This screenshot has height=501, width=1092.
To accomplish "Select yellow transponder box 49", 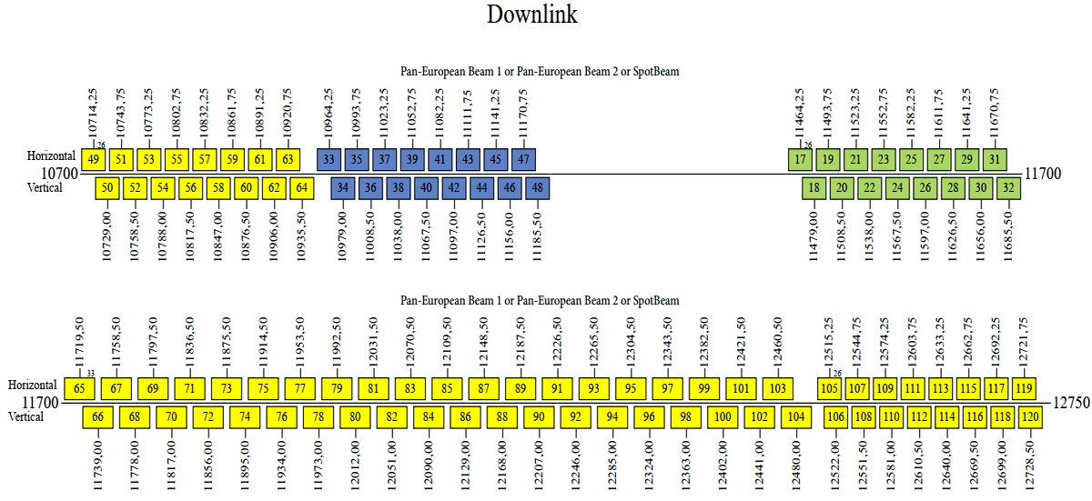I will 93,159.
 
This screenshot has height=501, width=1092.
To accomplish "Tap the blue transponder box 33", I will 329,159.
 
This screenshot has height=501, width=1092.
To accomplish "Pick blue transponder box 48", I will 538,188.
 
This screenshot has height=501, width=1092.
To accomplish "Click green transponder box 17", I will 800,159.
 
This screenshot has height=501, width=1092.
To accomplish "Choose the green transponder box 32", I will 1008,188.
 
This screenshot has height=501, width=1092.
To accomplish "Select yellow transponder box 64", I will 302,188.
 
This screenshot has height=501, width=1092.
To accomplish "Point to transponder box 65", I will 80,389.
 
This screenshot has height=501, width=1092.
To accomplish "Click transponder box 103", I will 777,389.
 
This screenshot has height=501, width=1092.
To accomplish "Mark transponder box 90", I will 539,417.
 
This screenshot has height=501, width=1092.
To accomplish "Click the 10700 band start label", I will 59,173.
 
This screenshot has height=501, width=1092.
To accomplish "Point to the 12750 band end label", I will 1070,402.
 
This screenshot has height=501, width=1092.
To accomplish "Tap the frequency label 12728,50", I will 1030,465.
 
